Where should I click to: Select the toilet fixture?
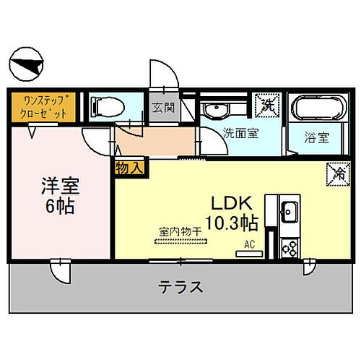pos(109,106)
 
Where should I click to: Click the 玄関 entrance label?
pos(162,109)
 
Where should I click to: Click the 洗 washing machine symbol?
pos(268,104)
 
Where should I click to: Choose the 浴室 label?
pos(316,135)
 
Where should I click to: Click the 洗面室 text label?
pos(238,132)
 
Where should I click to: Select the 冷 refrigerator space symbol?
pos(337,173)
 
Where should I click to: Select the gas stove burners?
pos(291,247)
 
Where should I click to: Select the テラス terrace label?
pos(180,286)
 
